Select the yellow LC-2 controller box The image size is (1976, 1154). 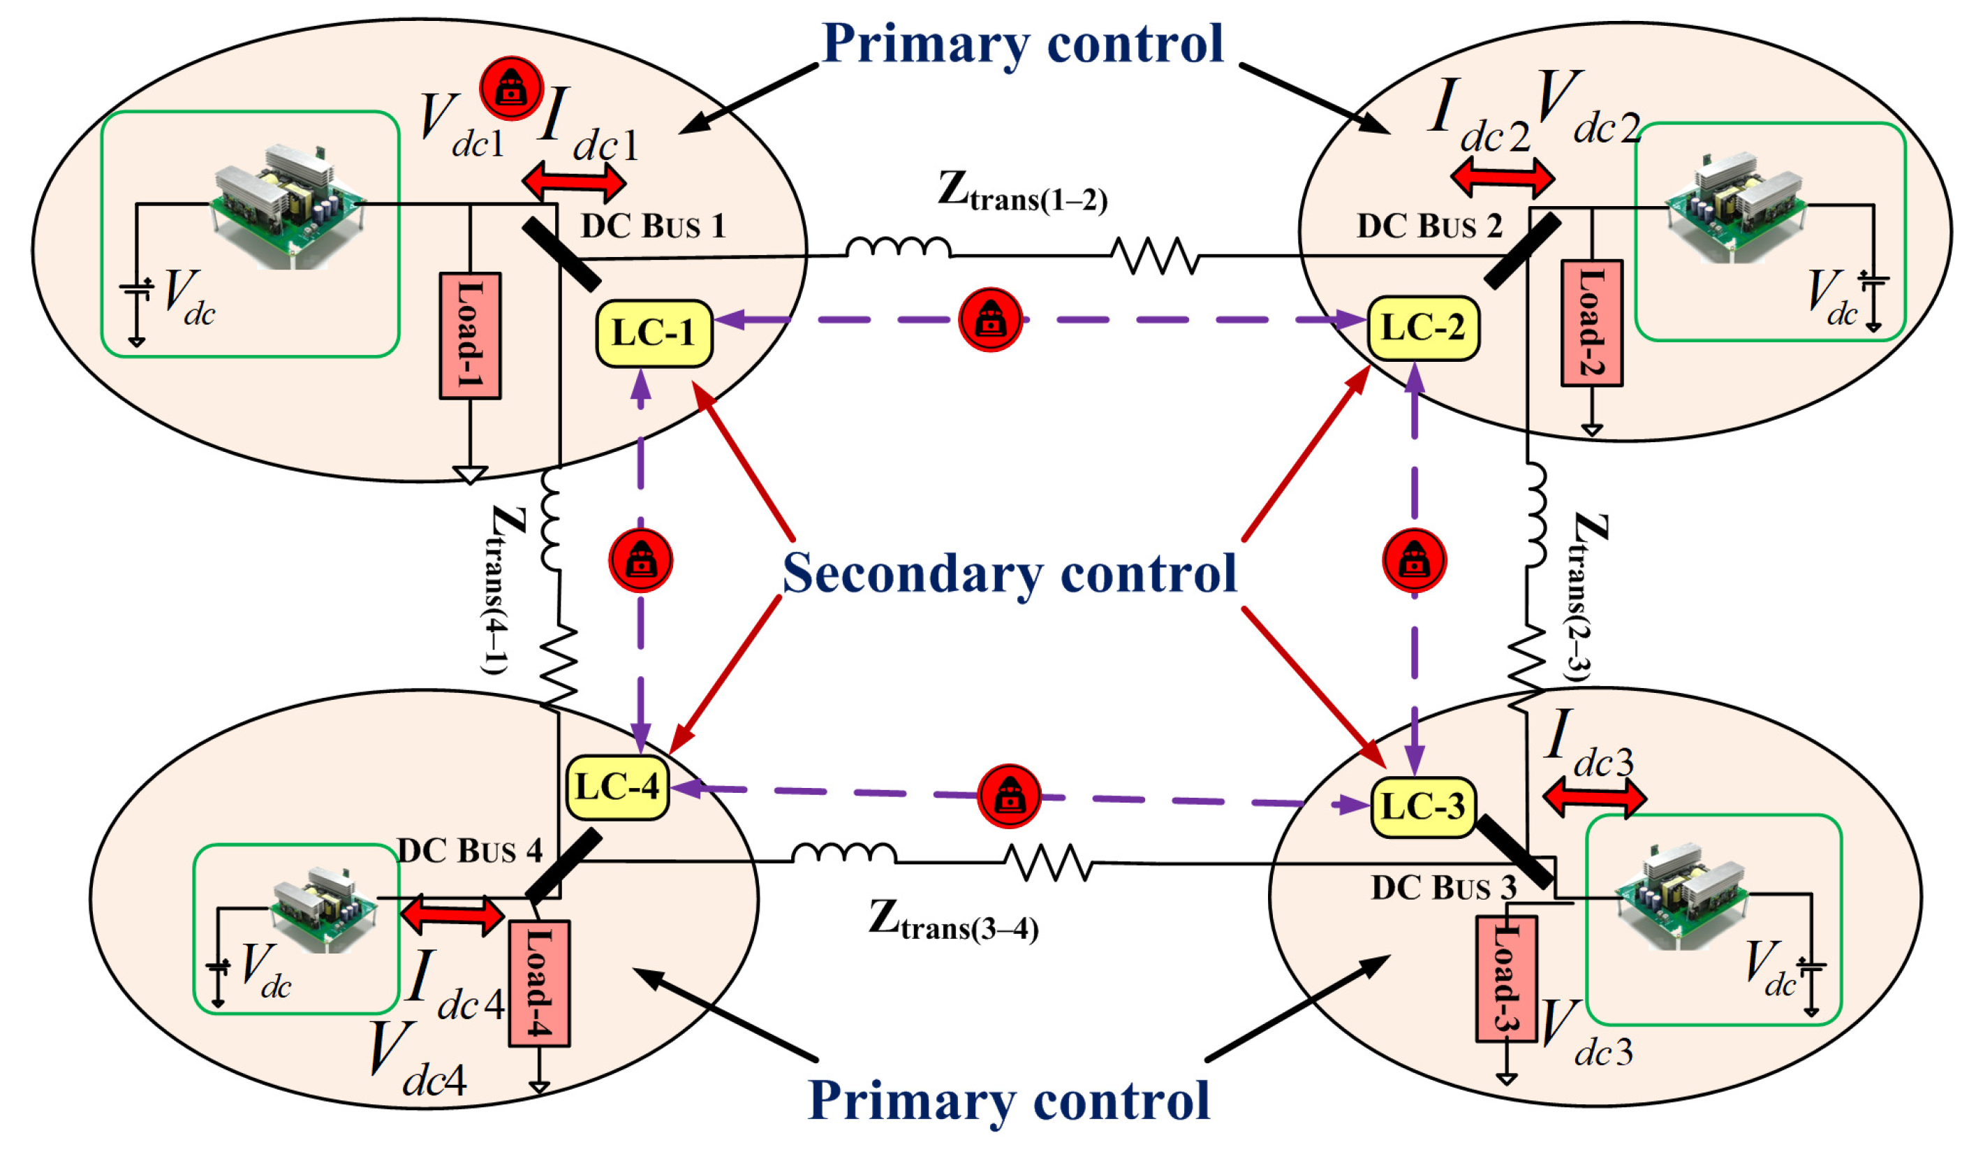click(x=1422, y=328)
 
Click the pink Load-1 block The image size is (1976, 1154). click(x=470, y=336)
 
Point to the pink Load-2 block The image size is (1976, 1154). click(x=1591, y=323)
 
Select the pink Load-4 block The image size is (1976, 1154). click(x=539, y=983)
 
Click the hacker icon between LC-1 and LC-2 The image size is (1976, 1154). click(x=990, y=319)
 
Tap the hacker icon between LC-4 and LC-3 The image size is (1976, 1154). click(x=1009, y=796)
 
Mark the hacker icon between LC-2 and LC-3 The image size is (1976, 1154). click(x=1414, y=560)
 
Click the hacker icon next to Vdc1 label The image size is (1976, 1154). click(x=511, y=88)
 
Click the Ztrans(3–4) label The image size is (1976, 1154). click(x=952, y=920)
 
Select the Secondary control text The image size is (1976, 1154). click(x=1009, y=574)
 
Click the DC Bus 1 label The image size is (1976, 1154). click(x=652, y=226)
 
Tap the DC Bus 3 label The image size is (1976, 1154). click(x=1443, y=887)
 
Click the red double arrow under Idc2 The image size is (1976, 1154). click(x=1502, y=177)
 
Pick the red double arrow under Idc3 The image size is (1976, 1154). click(x=1593, y=797)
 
